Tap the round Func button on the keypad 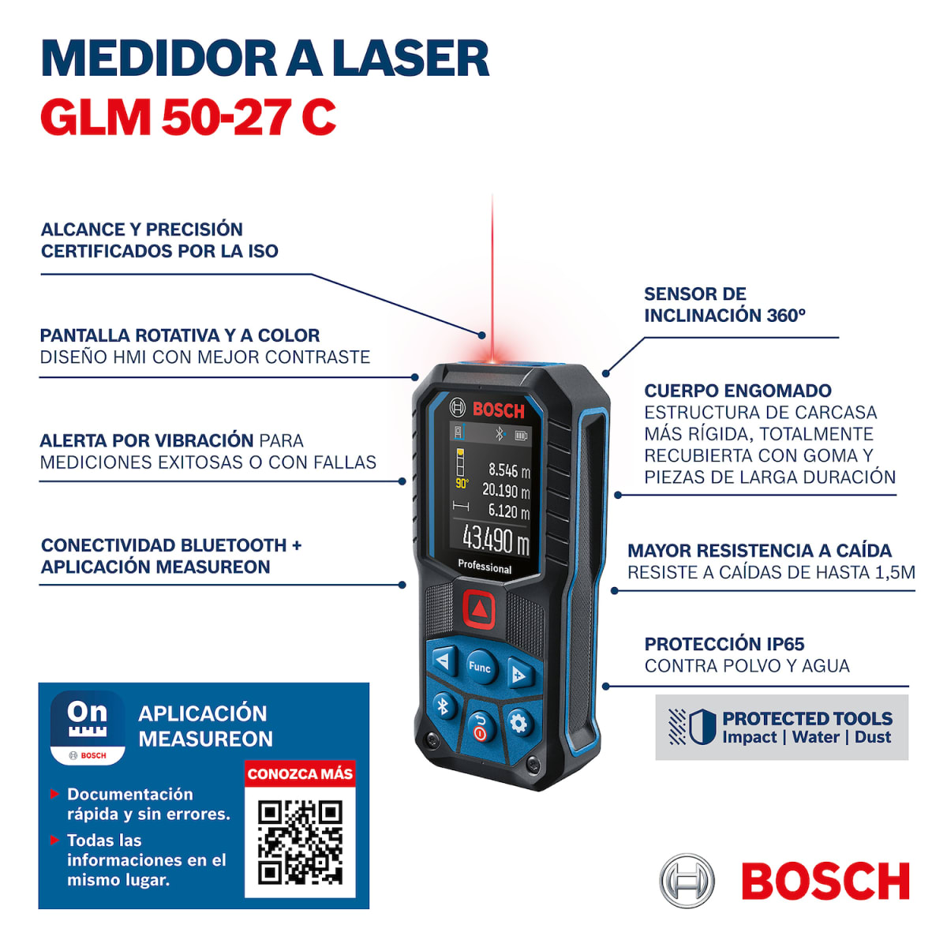[x=480, y=667]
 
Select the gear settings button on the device [x=518, y=723]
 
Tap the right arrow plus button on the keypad [x=518, y=676]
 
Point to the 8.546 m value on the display [x=508, y=470]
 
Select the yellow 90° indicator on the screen [x=462, y=483]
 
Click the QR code [x=300, y=842]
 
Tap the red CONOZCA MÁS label [x=300, y=774]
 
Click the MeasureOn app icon [x=88, y=728]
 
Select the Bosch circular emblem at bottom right [x=687, y=881]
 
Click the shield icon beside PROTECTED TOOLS [x=701, y=727]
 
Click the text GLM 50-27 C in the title [x=188, y=118]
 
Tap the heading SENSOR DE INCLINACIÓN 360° [x=724, y=305]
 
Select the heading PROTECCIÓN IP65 [x=724, y=644]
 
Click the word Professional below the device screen [x=485, y=567]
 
